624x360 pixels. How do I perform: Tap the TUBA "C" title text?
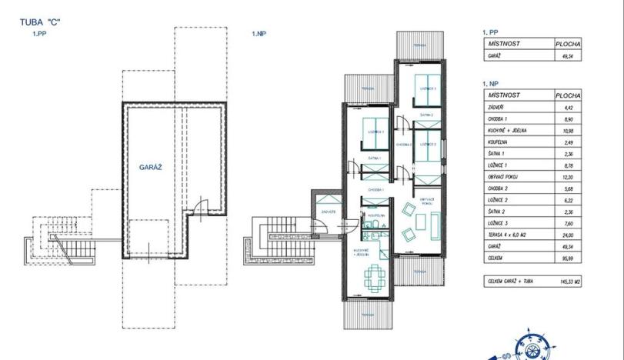pos(40,23)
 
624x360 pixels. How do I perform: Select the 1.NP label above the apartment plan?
pos(259,34)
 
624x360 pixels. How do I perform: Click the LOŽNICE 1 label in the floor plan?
pos(375,132)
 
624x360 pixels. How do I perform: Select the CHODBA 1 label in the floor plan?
pos(375,188)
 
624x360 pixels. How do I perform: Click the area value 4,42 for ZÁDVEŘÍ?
pos(569,108)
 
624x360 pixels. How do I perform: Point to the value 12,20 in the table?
pos(569,177)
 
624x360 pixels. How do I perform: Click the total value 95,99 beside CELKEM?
pos(568,258)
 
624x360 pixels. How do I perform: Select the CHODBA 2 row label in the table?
pos(499,188)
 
